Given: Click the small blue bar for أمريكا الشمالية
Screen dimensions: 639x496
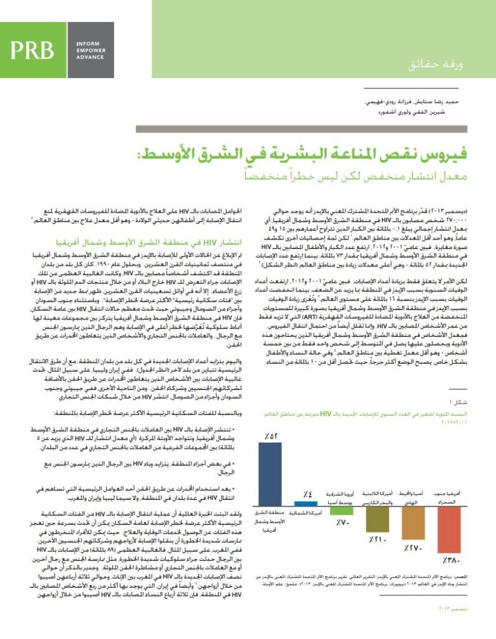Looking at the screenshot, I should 307,504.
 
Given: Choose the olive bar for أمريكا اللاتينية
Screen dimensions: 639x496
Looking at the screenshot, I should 377,520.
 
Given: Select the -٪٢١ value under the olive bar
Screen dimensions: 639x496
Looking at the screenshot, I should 377,539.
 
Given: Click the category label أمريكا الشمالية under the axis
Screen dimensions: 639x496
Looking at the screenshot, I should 307,513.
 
